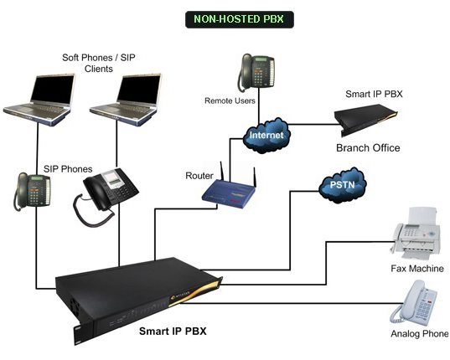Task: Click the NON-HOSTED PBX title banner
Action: tap(240, 19)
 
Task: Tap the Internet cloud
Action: tap(266, 135)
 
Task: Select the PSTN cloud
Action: tap(343, 185)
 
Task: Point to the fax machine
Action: tap(416, 233)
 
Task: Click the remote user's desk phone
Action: tap(256, 73)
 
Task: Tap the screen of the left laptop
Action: tap(53, 90)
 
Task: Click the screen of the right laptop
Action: tap(139, 90)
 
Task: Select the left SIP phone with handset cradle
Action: tap(32, 191)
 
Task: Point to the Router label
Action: tap(199, 176)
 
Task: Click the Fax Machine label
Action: tap(417, 269)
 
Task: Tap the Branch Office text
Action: tap(368, 148)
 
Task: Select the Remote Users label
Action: tap(230, 101)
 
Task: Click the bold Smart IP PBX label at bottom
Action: tap(173, 332)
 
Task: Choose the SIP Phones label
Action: tap(68, 169)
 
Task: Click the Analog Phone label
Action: tap(419, 334)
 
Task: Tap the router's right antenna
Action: tap(254, 177)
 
